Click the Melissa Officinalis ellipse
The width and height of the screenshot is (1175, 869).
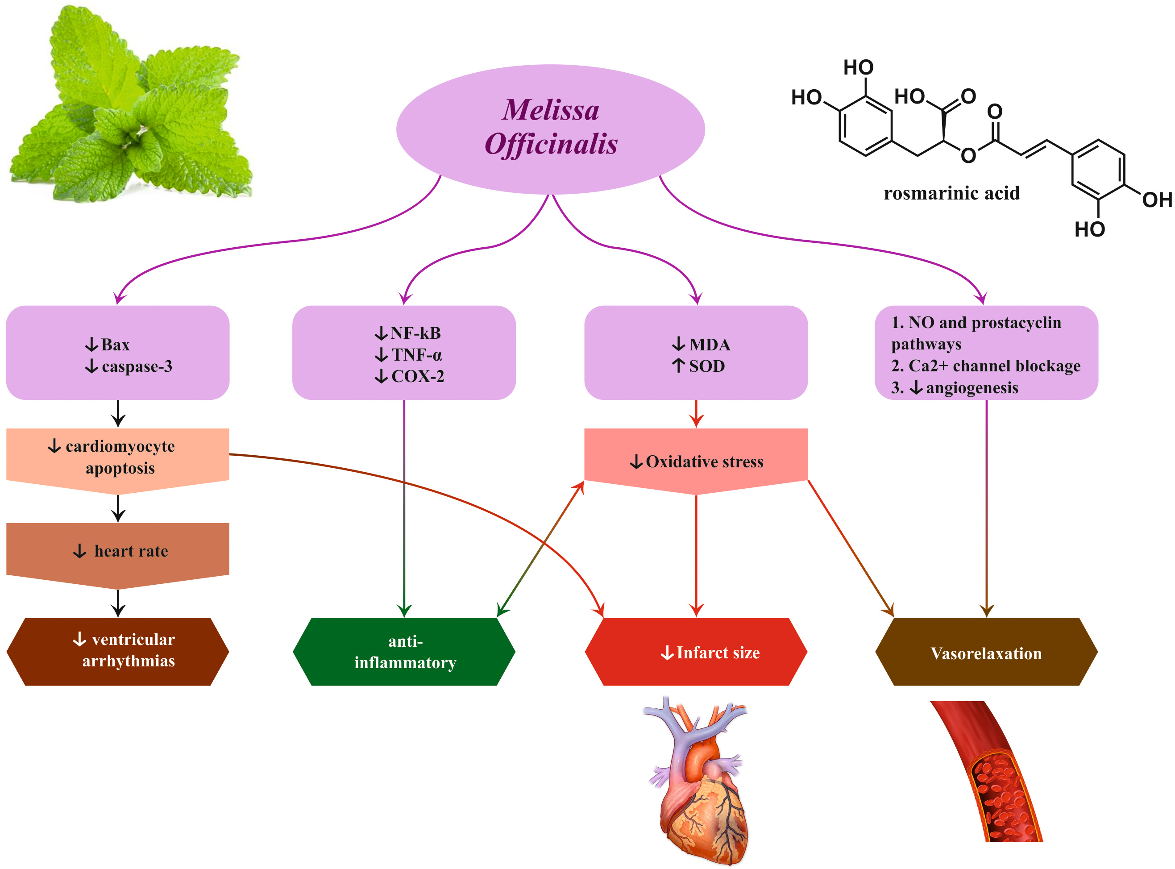click(550, 129)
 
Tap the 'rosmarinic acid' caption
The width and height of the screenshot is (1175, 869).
click(951, 193)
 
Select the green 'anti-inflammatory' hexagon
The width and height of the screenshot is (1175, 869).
click(404, 651)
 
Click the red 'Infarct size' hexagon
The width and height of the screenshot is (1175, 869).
click(696, 651)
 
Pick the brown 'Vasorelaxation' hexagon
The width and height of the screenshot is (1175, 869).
click(986, 652)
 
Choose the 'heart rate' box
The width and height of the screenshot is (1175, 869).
click(118, 551)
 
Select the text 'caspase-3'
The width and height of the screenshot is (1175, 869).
click(137, 366)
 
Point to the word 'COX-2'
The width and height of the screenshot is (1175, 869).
click(418, 376)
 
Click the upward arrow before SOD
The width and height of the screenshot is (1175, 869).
click(678, 365)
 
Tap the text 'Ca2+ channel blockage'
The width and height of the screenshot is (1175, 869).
click(994, 366)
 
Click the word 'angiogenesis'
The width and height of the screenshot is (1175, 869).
click(972, 388)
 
